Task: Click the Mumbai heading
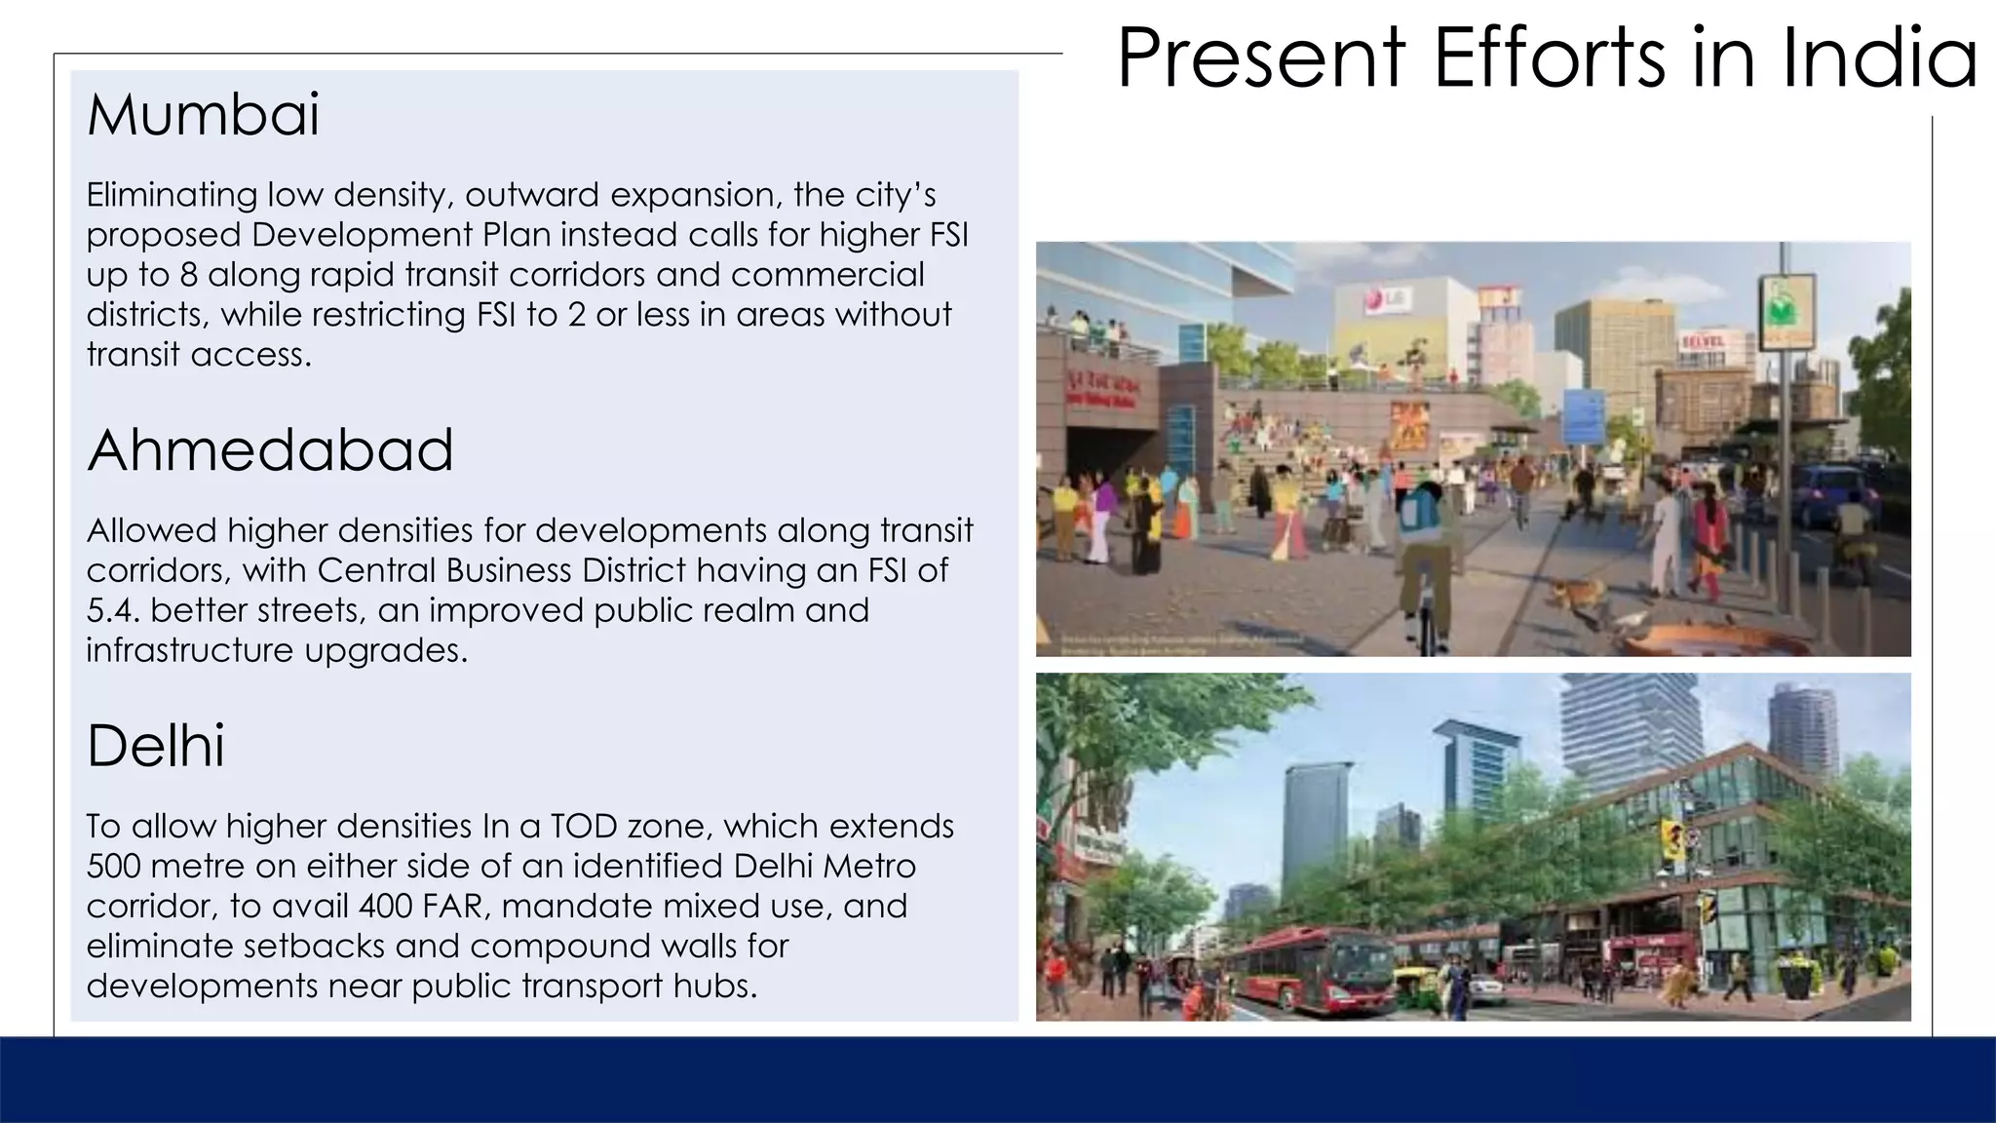pyautogui.click(x=203, y=115)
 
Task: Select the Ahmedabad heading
pyautogui.click(x=270, y=450)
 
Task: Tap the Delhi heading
pyautogui.click(x=156, y=747)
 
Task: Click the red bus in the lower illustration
pyautogui.click(x=1306, y=965)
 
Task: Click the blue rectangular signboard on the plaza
pyautogui.click(x=1585, y=416)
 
